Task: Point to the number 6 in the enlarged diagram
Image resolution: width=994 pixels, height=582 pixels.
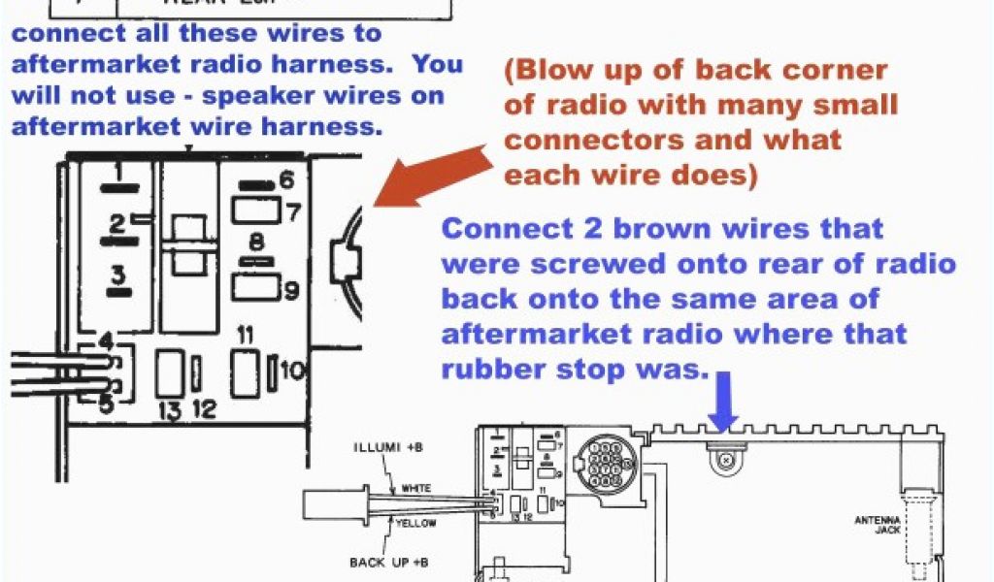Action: pyautogui.click(x=285, y=179)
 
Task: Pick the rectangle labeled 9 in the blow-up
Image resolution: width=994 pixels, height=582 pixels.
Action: pyautogui.click(x=255, y=287)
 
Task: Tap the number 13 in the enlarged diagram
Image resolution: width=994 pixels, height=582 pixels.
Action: pyautogui.click(x=171, y=411)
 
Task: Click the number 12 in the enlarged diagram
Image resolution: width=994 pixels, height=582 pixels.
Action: pyautogui.click(x=203, y=410)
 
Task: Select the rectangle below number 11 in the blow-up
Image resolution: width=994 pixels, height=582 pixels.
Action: pyautogui.click(x=245, y=372)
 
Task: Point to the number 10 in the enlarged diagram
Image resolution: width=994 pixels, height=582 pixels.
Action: pyautogui.click(x=293, y=370)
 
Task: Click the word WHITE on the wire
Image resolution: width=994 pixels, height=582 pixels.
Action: pyautogui.click(x=416, y=488)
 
